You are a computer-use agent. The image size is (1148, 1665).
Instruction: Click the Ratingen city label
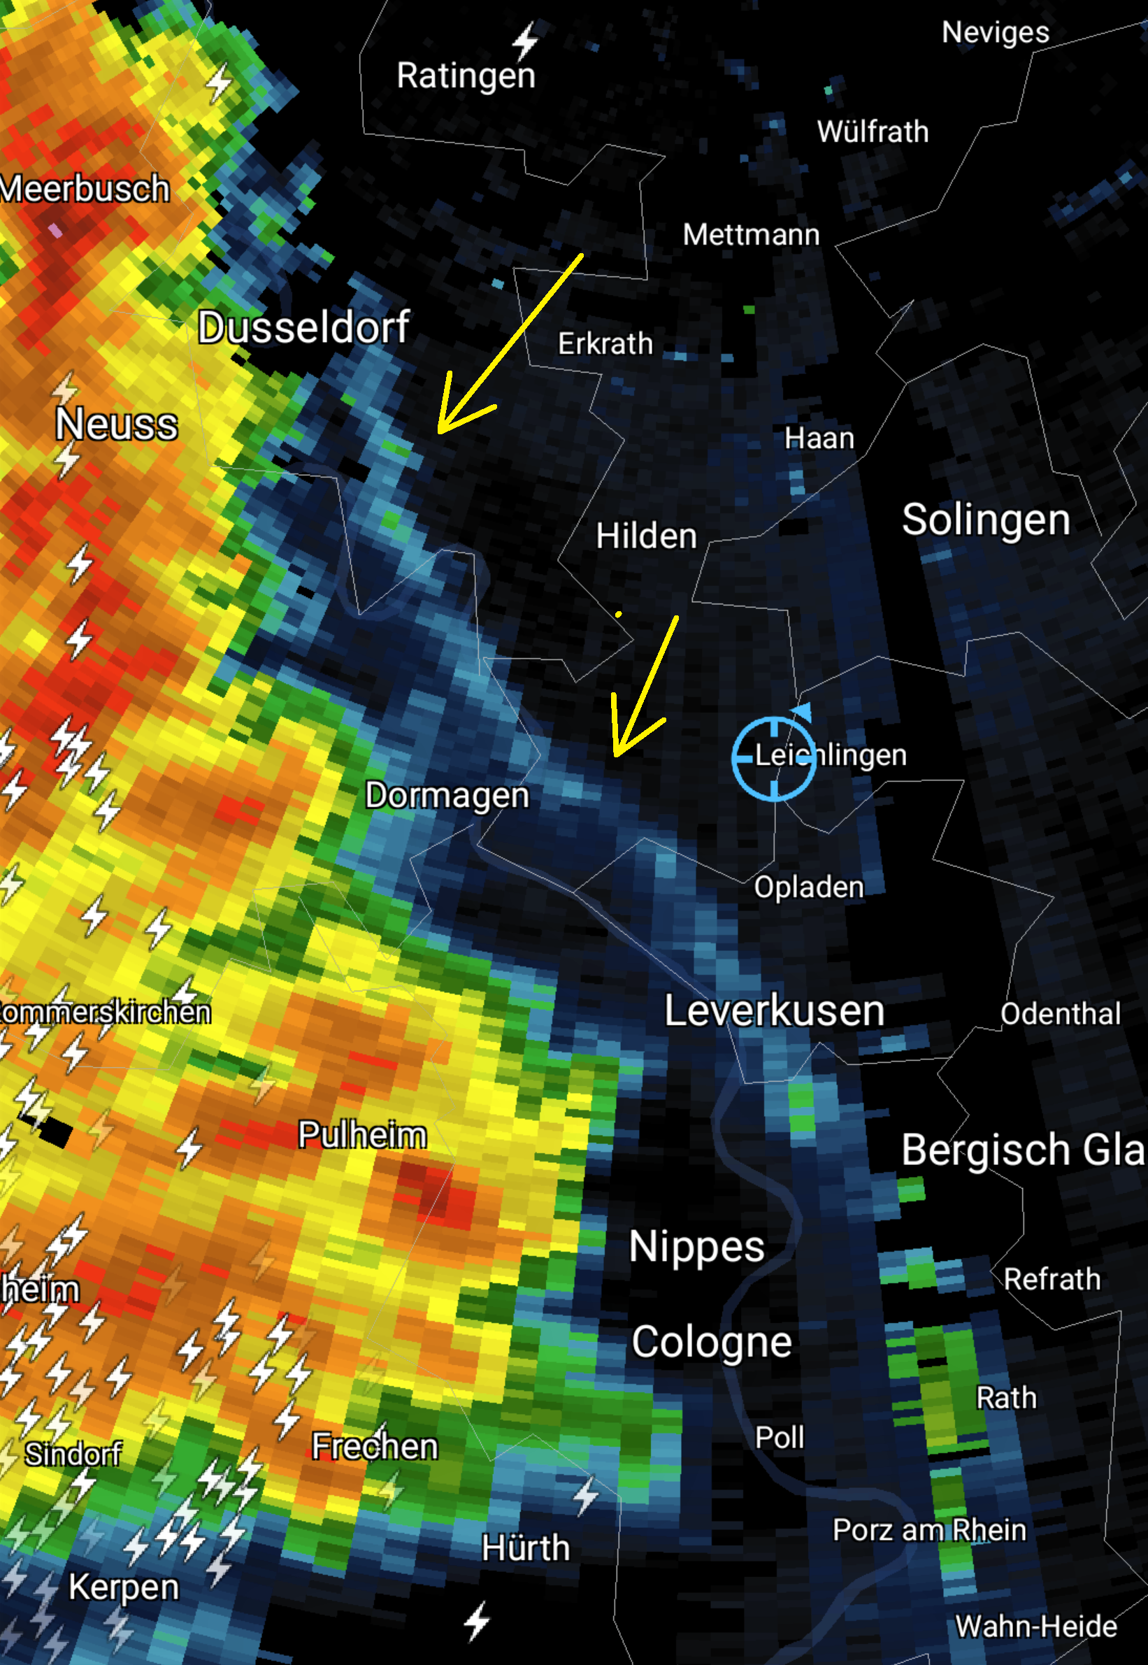click(466, 76)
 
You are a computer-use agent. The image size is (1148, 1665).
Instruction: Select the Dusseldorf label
click(303, 327)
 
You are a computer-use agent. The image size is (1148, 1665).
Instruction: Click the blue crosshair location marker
click(774, 759)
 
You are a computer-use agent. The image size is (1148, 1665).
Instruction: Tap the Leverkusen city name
click(774, 1010)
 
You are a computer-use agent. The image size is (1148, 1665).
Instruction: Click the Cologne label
click(712, 1342)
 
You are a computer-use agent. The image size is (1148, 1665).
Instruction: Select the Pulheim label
click(363, 1135)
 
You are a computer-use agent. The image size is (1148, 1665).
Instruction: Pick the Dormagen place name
click(447, 796)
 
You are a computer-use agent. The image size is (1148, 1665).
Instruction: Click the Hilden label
click(646, 536)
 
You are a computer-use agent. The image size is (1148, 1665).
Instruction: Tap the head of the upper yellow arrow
click(441, 430)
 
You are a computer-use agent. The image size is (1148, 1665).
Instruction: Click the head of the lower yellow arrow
click(617, 753)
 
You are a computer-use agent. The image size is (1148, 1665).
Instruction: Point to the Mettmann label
click(751, 235)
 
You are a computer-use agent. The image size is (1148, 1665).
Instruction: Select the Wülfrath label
click(873, 132)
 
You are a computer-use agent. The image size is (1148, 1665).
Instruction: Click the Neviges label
click(996, 32)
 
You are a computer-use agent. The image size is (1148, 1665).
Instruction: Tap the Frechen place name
click(375, 1446)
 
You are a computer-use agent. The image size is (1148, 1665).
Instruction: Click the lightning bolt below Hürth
click(477, 1622)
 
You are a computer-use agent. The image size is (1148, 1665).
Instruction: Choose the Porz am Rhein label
click(929, 1530)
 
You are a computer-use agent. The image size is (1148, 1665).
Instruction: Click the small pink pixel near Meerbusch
click(55, 231)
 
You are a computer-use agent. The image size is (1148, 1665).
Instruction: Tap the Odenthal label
click(1060, 1014)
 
